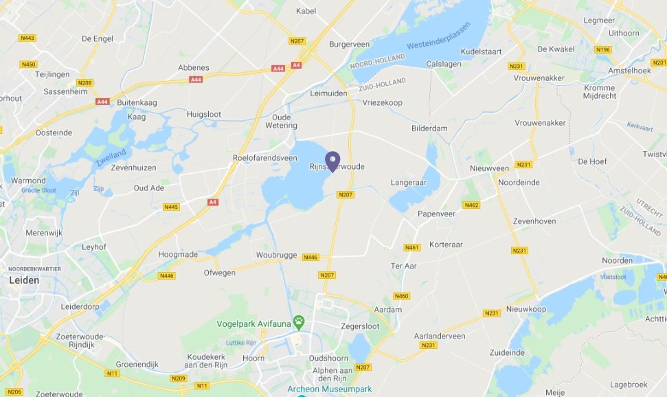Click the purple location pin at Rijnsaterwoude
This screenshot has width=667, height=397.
pyautogui.click(x=333, y=161)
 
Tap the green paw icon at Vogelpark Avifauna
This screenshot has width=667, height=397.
pyautogui.click(x=299, y=321)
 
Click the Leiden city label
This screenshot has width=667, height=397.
pyautogui.click(x=24, y=280)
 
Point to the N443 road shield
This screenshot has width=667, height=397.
pyautogui.click(x=27, y=38)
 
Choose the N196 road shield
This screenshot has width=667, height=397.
pyautogui.click(x=604, y=49)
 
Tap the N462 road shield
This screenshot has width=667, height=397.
pyautogui.click(x=471, y=205)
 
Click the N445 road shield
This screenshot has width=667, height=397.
pyautogui.click(x=171, y=207)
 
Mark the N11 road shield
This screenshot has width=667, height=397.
pyautogui.click(x=111, y=374)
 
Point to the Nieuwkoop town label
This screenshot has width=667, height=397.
pyautogui.click(x=526, y=309)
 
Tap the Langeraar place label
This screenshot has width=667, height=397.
pyautogui.click(x=409, y=183)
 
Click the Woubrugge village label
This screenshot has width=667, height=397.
pyautogui.click(x=276, y=255)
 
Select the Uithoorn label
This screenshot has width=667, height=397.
pyautogui.click(x=624, y=32)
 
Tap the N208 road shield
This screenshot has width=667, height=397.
pyautogui.click(x=84, y=83)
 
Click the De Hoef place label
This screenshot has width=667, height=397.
pyautogui.click(x=591, y=161)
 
